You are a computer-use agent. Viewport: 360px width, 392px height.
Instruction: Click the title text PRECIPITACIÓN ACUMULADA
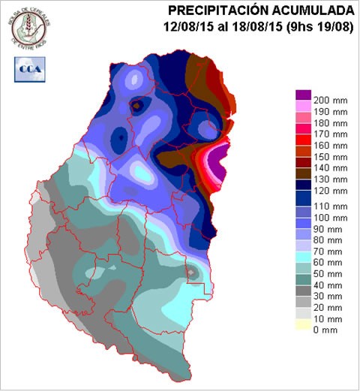(x=261, y=11)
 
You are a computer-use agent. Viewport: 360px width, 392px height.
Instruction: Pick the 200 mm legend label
(x=329, y=100)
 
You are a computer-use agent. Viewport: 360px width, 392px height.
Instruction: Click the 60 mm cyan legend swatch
(x=302, y=259)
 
